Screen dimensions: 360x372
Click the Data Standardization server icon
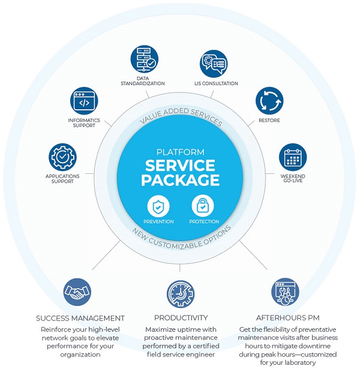pos(144,59)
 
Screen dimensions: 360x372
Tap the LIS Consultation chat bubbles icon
pos(214,64)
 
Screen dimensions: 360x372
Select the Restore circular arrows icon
pos(269,101)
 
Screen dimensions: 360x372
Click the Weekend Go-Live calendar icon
pos(293,157)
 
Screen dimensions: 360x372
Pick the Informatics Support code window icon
pos(84,101)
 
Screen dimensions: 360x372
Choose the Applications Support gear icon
pos(62,157)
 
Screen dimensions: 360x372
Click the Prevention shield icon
pos(158,206)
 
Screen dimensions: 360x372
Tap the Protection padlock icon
pos(203,206)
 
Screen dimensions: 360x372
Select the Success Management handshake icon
pos(77,292)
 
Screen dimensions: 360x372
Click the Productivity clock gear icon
pos(181,294)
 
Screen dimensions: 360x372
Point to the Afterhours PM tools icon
pos(285,292)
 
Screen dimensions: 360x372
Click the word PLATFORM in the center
pos(181,152)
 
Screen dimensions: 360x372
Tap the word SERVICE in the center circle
pos(180,166)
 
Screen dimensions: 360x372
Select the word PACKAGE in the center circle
pos(181,180)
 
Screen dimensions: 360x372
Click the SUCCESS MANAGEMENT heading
pos(80,318)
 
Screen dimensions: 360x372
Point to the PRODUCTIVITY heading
pos(181,317)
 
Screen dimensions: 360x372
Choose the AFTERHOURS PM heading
pos(287,317)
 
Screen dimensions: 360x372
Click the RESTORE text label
pos(269,120)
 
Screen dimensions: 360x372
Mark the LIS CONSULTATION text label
pos(216,83)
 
